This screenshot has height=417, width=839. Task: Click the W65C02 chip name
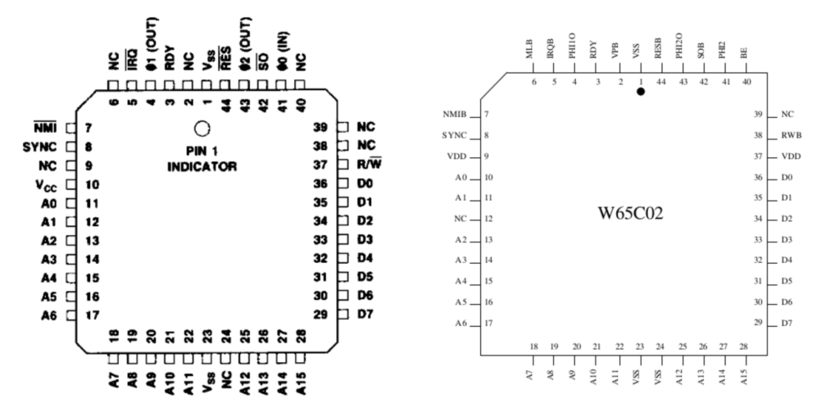pyautogui.click(x=630, y=215)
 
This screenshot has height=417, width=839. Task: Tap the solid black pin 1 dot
pyautogui.click(x=641, y=92)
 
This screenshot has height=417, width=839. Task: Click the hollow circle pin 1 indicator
pyautogui.click(x=201, y=129)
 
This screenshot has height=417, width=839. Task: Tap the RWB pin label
pyautogui.click(x=790, y=135)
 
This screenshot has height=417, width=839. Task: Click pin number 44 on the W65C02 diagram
pyautogui.click(x=660, y=81)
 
